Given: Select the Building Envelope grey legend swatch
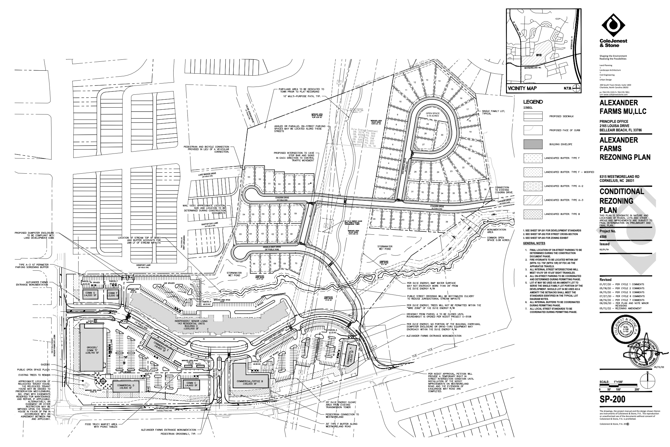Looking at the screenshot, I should click(x=533, y=144).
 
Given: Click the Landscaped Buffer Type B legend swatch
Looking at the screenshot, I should click(x=533, y=214).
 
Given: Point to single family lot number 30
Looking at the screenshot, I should click(x=442, y=135).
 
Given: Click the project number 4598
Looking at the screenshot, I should click(x=604, y=237).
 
